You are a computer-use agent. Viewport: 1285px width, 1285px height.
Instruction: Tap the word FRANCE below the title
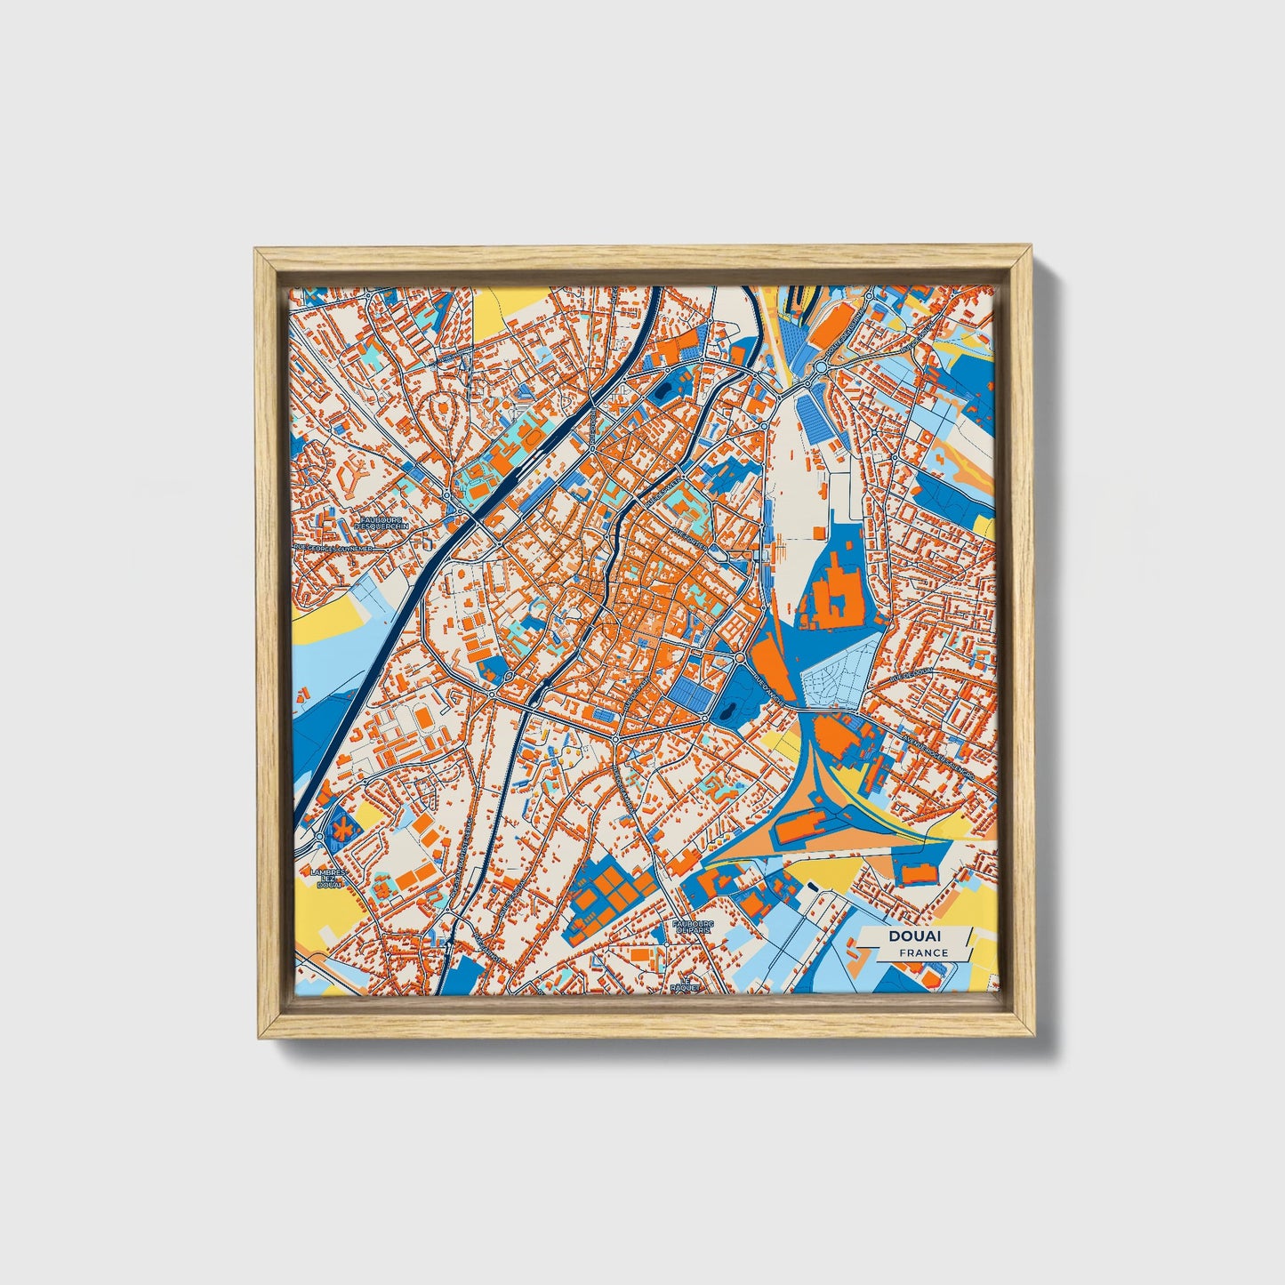click(x=923, y=952)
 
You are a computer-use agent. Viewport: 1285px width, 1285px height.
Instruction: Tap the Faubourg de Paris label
click(x=693, y=927)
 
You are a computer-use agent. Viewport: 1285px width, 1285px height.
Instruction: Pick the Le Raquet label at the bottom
click(x=687, y=984)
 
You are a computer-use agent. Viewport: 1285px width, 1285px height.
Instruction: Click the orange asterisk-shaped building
click(x=341, y=829)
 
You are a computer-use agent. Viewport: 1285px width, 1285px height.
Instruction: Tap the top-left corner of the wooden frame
click(x=256, y=250)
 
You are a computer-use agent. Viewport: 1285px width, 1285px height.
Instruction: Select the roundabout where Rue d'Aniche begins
click(x=741, y=657)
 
